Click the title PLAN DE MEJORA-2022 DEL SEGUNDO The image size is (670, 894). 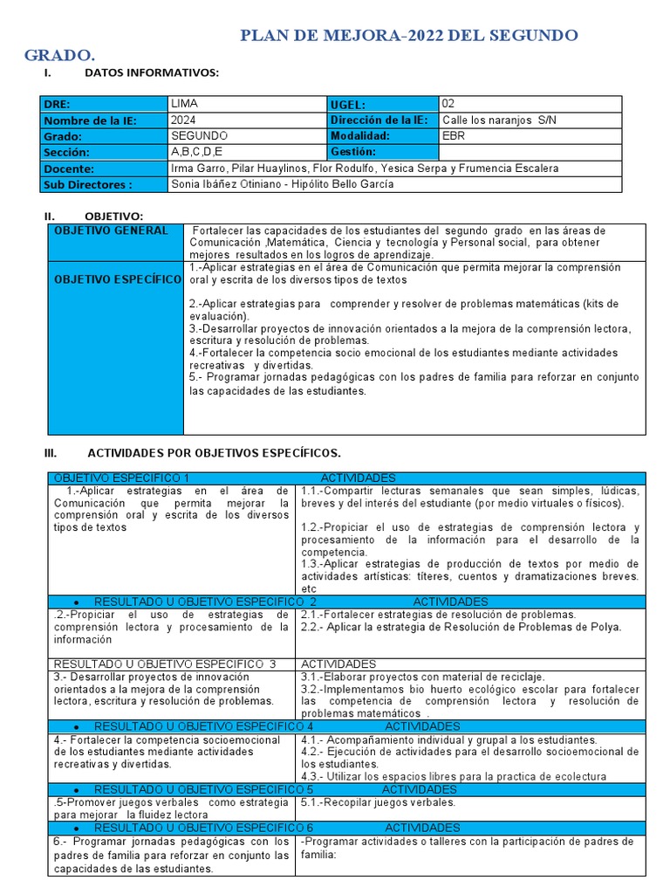point(408,35)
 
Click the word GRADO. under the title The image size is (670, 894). point(60,55)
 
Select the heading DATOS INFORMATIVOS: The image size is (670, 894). point(151,72)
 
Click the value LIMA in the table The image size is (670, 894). point(185,103)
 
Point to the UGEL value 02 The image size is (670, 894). point(449,103)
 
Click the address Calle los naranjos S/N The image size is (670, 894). point(499,120)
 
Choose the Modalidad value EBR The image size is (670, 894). point(454,136)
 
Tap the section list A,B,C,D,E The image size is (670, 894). point(197,152)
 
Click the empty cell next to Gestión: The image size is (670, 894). point(530,152)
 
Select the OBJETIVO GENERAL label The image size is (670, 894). point(111,230)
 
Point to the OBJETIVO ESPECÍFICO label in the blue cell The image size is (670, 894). point(117,279)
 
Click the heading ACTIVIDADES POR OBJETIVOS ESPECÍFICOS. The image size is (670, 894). point(214,453)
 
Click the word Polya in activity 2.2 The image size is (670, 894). point(605,627)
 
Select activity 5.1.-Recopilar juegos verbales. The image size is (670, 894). point(378,802)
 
